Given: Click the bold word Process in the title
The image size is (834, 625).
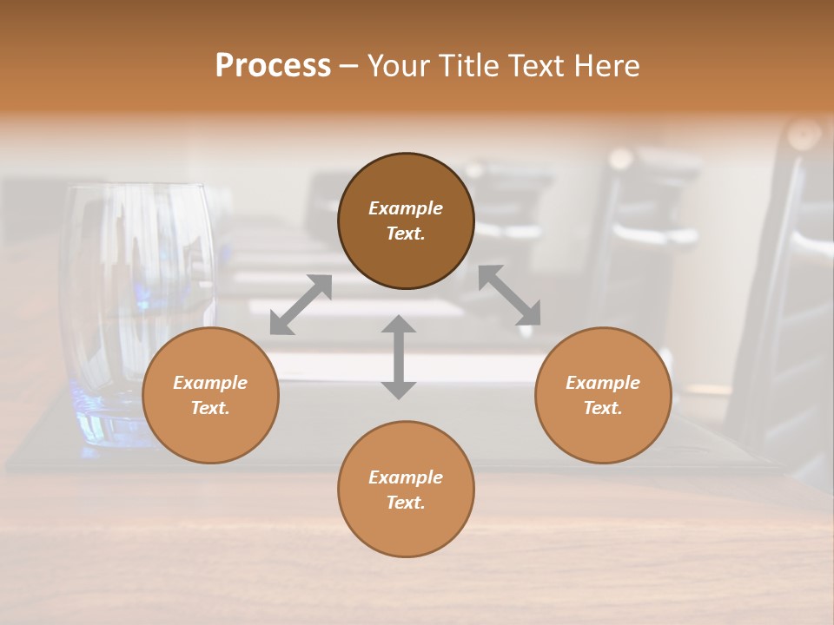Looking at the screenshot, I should (273, 66).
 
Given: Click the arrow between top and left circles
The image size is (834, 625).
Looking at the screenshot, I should (301, 305).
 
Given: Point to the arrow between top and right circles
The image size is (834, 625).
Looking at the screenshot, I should (509, 295).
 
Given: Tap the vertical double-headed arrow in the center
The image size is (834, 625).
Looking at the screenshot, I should (399, 357).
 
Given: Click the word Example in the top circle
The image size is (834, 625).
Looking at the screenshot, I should (406, 208).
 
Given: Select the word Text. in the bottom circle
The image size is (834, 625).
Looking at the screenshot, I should (406, 503).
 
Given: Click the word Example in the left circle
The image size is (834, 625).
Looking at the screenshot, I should (210, 383).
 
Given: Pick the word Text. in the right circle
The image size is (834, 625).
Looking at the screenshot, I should (603, 408).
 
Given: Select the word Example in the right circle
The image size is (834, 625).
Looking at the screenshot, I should (603, 383).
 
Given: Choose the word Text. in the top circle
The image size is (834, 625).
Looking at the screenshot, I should (406, 234).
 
